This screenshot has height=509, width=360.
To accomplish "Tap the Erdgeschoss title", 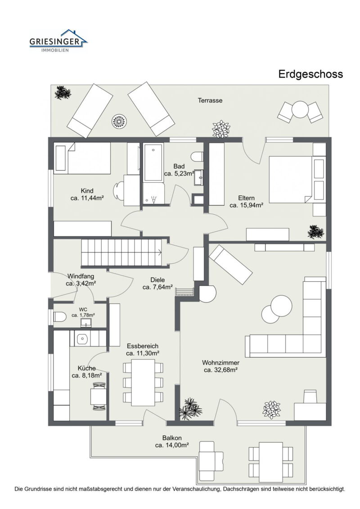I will pyautogui.click(x=310, y=74).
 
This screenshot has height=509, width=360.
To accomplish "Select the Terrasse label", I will pyautogui.click(x=210, y=100).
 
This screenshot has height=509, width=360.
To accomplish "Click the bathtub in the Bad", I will pyautogui.click(x=153, y=162).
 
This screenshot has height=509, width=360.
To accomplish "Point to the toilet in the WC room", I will pyautogui.click(x=59, y=316).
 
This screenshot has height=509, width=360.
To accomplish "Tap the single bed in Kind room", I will pyautogui.click(x=82, y=158).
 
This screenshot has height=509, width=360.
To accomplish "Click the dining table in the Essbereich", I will pyautogui.click(x=143, y=382).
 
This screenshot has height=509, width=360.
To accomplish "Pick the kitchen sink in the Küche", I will pyautogui.click(x=82, y=339).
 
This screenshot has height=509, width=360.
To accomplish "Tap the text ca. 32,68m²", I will pyautogui.click(x=220, y=370).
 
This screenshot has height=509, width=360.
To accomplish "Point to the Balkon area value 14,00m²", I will pyautogui.click(x=172, y=445).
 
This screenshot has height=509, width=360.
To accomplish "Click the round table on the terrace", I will pyautogui.click(x=300, y=109).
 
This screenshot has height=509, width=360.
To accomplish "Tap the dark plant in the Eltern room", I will pyautogui.click(x=315, y=232).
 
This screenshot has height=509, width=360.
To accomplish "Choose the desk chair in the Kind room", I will pyautogui.click(x=119, y=189).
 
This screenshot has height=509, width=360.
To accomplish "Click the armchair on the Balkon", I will pyautogui.click(x=211, y=459).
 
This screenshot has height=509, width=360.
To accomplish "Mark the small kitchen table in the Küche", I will pyautogui.click(x=98, y=396).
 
